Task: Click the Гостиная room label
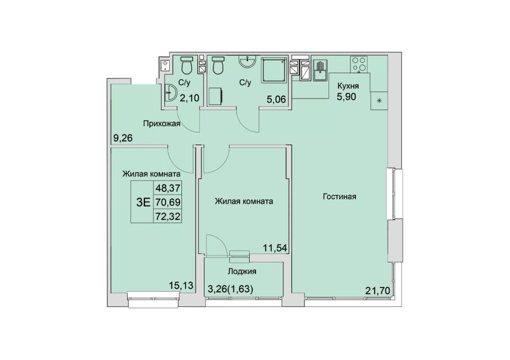click(x=340, y=196)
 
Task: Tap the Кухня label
click(x=348, y=86)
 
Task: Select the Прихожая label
click(x=162, y=123)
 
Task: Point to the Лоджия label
click(x=242, y=271)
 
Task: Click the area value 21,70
click(x=377, y=290)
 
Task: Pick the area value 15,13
click(x=181, y=285)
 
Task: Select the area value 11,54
click(x=275, y=248)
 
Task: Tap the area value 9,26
click(x=122, y=138)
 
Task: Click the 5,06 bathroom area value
click(x=276, y=99)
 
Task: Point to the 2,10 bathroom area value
click(x=190, y=98)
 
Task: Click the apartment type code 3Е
click(x=143, y=202)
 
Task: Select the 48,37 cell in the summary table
click(x=168, y=188)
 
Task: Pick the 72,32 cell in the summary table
click(x=168, y=216)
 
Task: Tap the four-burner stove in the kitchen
click(x=359, y=64)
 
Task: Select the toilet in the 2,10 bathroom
click(x=187, y=65)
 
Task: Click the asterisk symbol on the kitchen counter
click(x=379, y=101)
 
